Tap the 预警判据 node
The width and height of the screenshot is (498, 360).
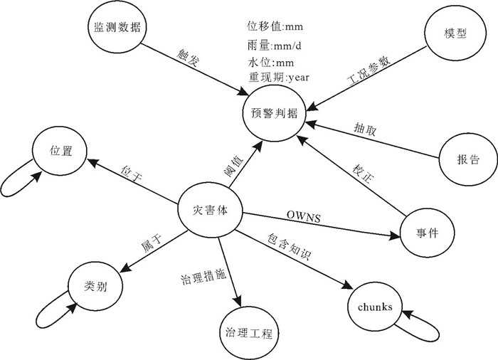click(x=275, y=113)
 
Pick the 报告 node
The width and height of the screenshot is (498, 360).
click(x=467, y=159)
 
